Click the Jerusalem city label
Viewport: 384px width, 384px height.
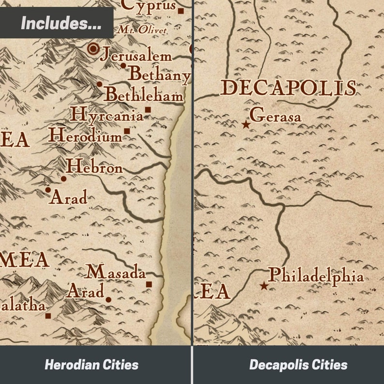136,56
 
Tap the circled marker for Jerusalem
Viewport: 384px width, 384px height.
93,48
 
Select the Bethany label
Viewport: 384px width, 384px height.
159,74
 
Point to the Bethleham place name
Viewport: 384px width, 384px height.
144,95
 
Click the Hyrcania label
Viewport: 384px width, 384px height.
106,115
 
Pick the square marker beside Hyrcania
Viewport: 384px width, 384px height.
148,110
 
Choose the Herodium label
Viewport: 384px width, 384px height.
85,135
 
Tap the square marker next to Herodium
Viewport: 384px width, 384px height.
127,131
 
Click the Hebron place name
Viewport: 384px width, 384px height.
94,167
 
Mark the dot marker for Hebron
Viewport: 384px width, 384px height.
63,179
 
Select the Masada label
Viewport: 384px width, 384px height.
116,272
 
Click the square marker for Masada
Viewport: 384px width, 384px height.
149,284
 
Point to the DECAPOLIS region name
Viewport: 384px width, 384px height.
288,89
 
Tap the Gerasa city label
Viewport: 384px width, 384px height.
275,116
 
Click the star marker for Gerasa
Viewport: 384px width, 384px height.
246,125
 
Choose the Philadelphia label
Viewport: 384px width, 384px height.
316,276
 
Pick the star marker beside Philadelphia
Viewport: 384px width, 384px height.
264,286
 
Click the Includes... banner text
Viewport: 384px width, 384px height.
61,23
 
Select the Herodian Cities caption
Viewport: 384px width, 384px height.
91,365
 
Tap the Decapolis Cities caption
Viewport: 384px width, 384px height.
298,365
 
